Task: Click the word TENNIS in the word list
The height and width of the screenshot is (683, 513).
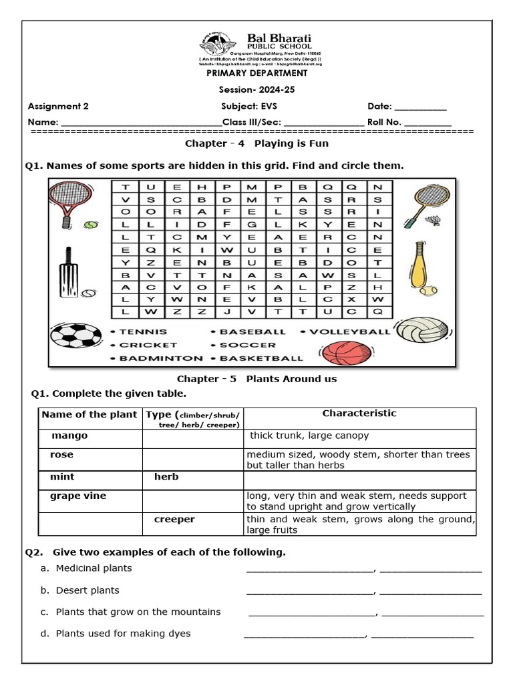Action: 143,331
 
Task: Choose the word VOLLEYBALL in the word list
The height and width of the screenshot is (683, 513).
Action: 349,331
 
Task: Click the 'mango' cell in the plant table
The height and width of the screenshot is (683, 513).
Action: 69,436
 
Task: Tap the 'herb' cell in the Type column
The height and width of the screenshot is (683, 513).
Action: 166,477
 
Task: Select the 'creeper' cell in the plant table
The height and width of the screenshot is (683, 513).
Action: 174,519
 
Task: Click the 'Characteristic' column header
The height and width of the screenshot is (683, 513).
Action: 359,414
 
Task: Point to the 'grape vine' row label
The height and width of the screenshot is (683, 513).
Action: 78,496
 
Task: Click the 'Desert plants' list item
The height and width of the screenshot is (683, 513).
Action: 88,590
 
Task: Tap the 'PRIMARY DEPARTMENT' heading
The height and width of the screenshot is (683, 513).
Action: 256,73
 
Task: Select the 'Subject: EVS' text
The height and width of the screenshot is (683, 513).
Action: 248,106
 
